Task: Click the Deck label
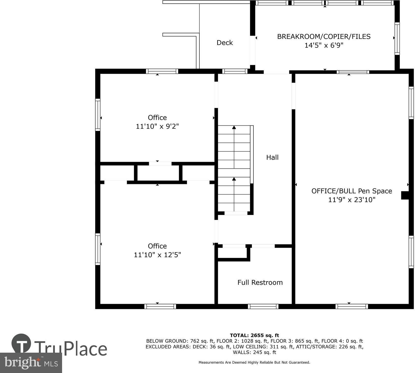pos(225,42)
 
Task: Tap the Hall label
pos(272,157)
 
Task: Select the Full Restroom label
pos(260,282)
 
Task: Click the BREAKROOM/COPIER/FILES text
pos(324,36)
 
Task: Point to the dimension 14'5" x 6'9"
pos(324,45)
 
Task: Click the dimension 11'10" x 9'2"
pos(157,126)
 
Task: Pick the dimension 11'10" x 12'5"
pos(157,255)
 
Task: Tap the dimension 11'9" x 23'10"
pos(352,200)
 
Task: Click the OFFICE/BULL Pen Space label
pos(352,191)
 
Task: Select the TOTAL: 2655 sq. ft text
pos(254,335)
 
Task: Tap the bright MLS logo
pos(31,363)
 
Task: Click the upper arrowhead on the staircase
pos(234,127)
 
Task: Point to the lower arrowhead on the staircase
pos(234,179)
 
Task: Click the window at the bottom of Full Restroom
pos(263,306)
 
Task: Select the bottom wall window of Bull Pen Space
pos(352,306)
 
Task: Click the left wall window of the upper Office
pos(98,115)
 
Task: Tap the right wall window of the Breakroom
pos(397,38)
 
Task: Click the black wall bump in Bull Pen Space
pos(405,195)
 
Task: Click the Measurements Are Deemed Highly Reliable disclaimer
pos(254,362)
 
